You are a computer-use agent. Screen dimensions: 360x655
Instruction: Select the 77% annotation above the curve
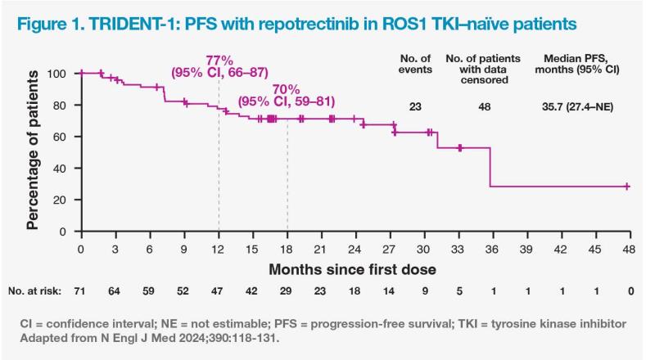click(x=219, y=62)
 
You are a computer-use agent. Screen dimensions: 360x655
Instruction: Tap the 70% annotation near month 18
click(x=287, y=90)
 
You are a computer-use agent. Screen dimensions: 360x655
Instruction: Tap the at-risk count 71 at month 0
click(x=81, y=290)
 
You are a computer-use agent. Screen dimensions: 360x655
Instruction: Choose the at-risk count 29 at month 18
click(x=287, y=290)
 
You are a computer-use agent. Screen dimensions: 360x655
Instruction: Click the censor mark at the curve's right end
click(x=627, y=187)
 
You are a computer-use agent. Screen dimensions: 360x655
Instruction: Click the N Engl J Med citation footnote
click(x=142, y=337)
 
